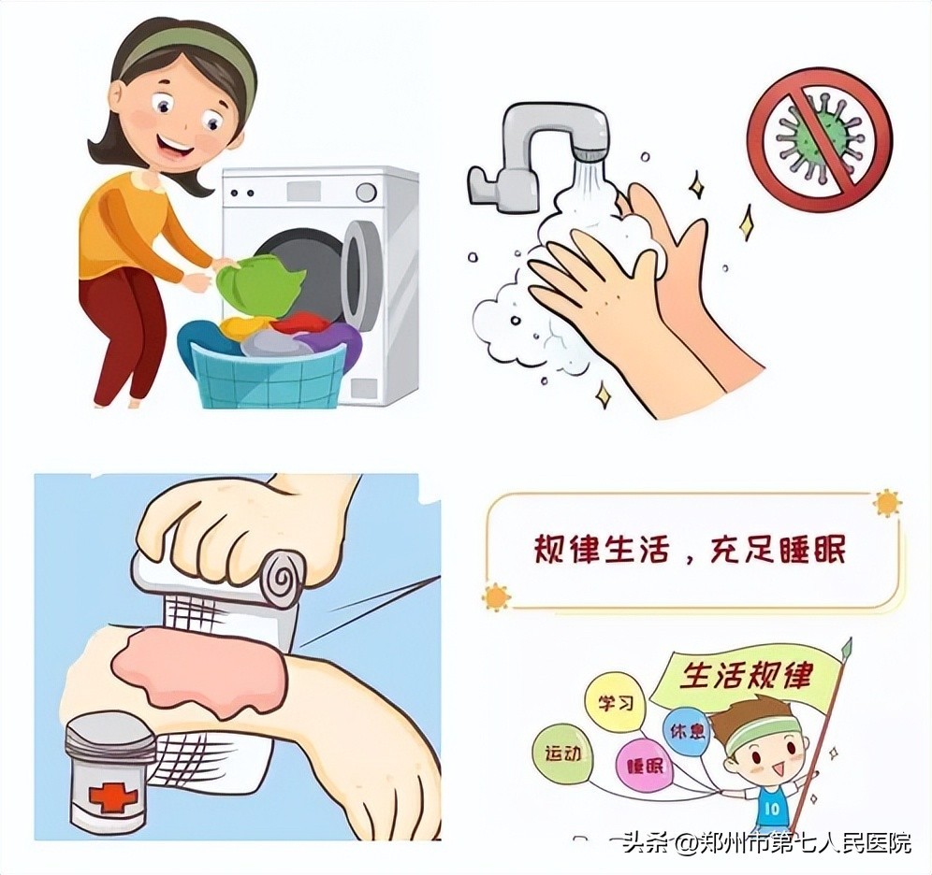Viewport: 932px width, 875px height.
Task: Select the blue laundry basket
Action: [x=268, y=369]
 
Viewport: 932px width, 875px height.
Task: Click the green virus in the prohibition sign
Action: [x=820, y=138]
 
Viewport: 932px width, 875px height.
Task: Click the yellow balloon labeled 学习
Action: [x=615, y=703]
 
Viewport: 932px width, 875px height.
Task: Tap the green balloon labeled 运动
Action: [x=561, y=753]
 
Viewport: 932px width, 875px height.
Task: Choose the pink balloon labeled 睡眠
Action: [x=644, y=767]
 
